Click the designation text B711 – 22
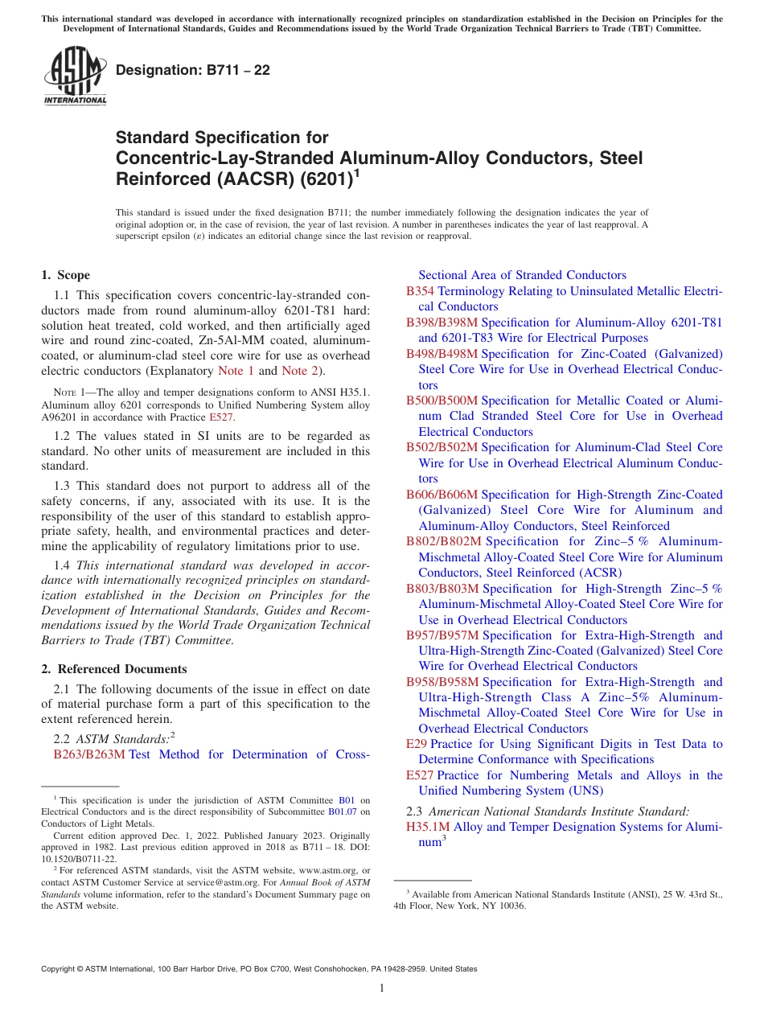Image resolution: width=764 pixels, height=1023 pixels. [193, 71]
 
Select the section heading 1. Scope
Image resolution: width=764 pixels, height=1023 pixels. [66, 275]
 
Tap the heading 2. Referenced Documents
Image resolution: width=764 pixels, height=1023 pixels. [114, 669]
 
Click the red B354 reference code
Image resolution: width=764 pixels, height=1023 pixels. [421, 291]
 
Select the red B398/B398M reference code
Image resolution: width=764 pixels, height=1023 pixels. [442, 323]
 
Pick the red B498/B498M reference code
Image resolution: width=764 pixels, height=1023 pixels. [442, 354]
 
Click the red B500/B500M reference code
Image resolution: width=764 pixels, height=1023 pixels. [442, 401]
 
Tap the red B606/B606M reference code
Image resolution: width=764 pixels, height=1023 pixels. [442, 495]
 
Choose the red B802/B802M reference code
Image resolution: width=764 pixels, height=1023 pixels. [442, 541]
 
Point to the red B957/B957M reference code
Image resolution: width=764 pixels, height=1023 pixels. [442, 635]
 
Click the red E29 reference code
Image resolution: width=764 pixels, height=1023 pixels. [417, 745]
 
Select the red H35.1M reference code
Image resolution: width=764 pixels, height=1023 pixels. [429, 827]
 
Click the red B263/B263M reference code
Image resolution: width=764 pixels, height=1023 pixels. [89, 754]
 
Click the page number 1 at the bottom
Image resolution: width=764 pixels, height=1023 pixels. [382, 988]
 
